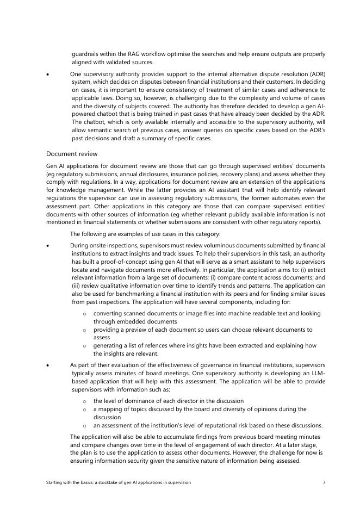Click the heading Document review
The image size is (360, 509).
72,154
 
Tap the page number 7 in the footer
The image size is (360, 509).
324,482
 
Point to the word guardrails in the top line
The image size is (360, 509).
86,54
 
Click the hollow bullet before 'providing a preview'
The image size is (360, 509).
84,330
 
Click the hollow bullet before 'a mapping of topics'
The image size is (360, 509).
84,409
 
